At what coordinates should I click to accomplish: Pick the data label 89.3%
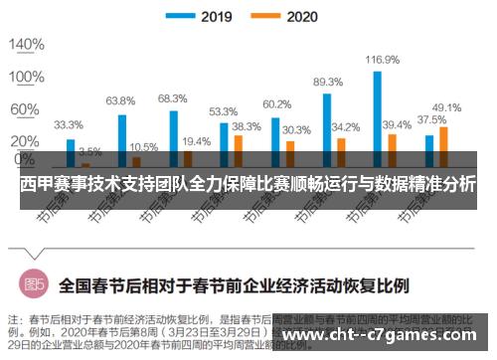coord(328,83)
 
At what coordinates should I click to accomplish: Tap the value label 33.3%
coord(69,125)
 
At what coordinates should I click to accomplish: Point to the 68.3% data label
coord(172,98)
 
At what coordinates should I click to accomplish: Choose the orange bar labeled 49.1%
coord(443,145)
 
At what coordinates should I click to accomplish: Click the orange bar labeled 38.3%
coord(238,149)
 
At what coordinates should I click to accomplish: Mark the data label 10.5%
coord(143,147)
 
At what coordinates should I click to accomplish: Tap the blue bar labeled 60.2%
coord(275,140)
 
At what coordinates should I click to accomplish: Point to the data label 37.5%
coord(430,119)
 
